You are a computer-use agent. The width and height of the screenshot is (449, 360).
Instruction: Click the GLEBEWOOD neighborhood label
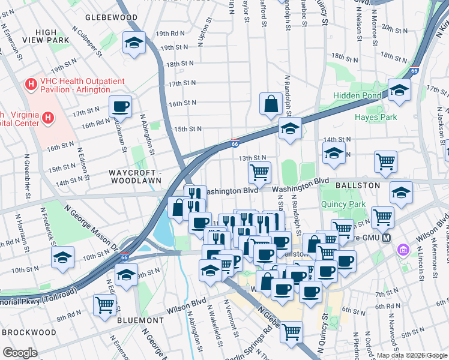tap(111, 18)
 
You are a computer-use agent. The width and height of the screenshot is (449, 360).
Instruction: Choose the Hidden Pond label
tap(357, 95)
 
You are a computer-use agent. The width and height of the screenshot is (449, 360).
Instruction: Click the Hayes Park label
tap(376, 117)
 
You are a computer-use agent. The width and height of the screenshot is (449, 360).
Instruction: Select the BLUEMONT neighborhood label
tap(142, 320)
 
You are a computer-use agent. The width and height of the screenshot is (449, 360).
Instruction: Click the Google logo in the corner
tap(21, 353)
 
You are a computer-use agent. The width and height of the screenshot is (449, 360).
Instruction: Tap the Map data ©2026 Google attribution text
tap(411, 355)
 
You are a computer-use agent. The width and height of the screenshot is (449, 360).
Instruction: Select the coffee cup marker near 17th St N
tap(120, 107)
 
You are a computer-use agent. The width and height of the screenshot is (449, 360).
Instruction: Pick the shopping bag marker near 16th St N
tap(271, 103)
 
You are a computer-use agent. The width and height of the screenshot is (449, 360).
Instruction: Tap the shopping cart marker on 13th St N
tap(259, 173)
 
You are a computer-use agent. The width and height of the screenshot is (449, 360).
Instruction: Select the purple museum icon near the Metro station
tap(403, 250)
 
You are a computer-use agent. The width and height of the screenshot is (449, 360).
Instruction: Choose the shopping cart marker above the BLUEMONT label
tap(104, 305)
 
